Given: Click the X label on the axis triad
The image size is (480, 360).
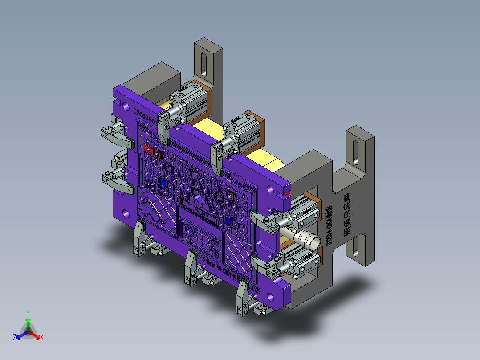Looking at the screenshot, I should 42,338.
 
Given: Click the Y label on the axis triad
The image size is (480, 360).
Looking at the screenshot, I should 28,313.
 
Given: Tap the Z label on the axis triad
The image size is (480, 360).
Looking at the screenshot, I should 14,338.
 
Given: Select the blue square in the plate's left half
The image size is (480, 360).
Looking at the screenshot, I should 163,183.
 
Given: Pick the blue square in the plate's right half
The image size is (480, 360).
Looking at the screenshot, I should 228,220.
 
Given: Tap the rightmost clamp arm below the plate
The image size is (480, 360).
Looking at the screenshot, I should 242,297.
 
